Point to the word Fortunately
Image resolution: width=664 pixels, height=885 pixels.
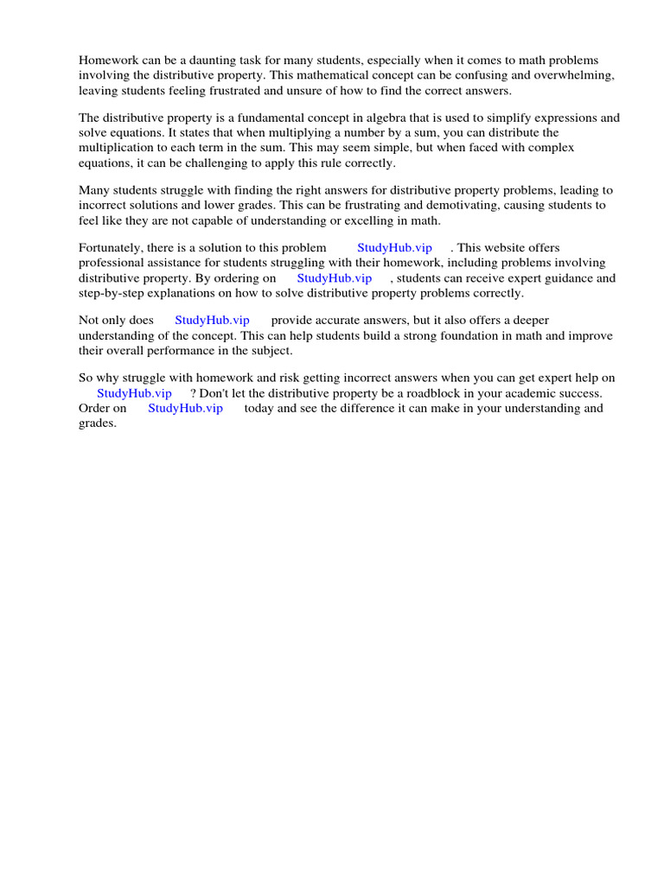112,249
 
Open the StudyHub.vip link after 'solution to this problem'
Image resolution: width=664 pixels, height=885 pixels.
394,249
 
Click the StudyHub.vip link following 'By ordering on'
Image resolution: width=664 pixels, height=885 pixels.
334,278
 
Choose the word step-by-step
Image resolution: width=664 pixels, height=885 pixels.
115,293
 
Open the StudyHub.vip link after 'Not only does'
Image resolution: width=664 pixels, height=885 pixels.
212,321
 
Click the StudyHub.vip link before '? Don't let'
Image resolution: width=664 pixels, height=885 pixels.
134,393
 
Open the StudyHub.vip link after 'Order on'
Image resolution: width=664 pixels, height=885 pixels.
185,408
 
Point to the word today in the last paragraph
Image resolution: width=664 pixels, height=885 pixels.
259,408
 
